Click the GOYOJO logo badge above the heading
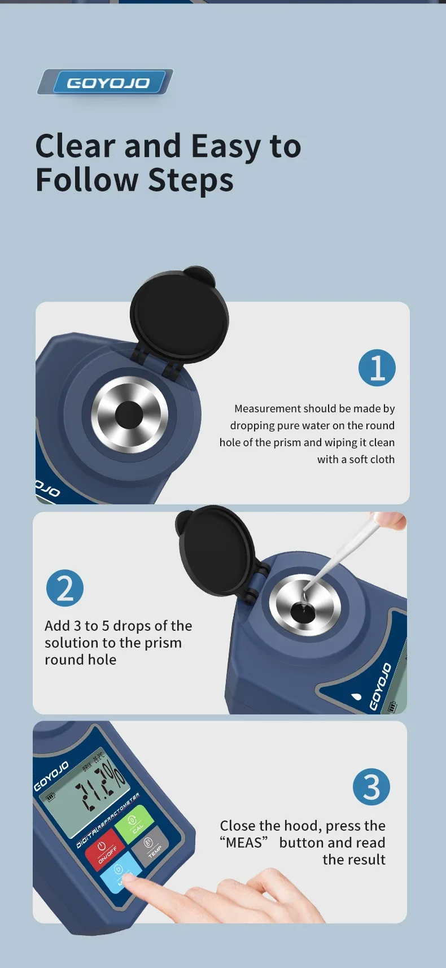pyautogui.click(x=107, y=82)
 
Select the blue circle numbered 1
pyautogui.click(x=377, y=368)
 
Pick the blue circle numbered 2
pyautogui.click(x=65, y=588)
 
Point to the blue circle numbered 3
pyautogui.click(x=371, y=787)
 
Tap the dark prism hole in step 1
pyautogui.click(x=129, y=415)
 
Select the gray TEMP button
pyautogui.click(x=150, y=844)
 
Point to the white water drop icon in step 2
pyautogui.click(x=356, y=696)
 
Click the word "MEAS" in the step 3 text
pyautogui.click(x=244, y=843)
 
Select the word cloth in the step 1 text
pyautogui.click(x=383, y=459)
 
